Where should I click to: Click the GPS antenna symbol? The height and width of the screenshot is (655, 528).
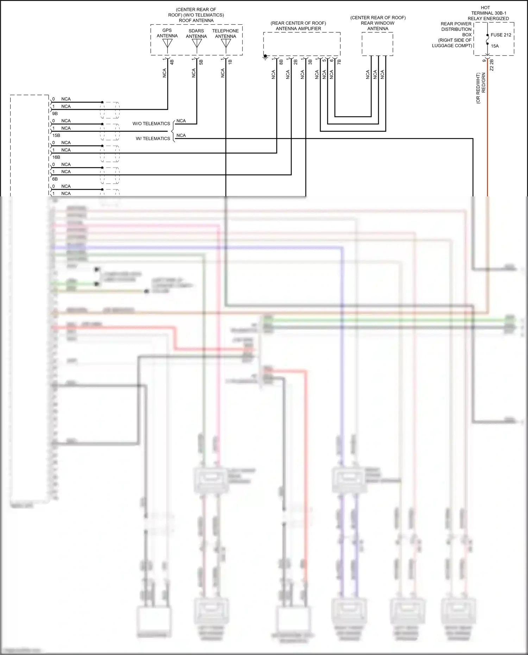point(168,44)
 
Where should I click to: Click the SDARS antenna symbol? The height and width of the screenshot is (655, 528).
point(196,44)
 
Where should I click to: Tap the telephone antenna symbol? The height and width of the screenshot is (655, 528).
point(226,44)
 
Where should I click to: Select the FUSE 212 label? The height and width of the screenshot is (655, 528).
point(501,35)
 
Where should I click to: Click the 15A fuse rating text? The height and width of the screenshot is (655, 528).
point(495,46)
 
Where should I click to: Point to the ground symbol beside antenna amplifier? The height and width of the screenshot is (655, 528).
point(265,57)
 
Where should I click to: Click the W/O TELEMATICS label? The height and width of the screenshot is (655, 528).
point(151,124)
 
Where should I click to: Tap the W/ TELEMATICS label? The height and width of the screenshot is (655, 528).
point(153,139)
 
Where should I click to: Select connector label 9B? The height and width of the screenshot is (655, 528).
point(55,114)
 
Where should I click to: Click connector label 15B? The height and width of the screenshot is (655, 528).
point(56,136)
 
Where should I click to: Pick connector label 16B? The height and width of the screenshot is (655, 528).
point(56,157)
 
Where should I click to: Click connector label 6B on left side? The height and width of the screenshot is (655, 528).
point(55,179)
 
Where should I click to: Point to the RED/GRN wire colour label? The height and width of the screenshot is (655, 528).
point(484,83)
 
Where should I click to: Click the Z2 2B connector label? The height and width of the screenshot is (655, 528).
point(492,65)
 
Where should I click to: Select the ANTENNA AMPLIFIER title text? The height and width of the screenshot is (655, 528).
point(298,29)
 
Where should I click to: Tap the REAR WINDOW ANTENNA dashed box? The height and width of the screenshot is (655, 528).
point(377,44)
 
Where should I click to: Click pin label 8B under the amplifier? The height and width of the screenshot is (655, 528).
point(281,62)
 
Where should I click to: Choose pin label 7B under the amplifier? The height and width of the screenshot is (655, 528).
point(339,62)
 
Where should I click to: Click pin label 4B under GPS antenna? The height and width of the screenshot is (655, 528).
point(172,62)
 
